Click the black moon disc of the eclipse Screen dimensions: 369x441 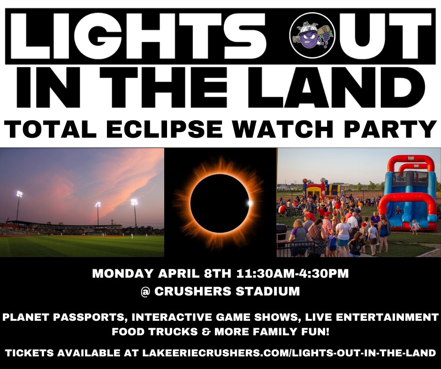tap(220, 203)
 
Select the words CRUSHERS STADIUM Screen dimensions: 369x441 tap(227, 291)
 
